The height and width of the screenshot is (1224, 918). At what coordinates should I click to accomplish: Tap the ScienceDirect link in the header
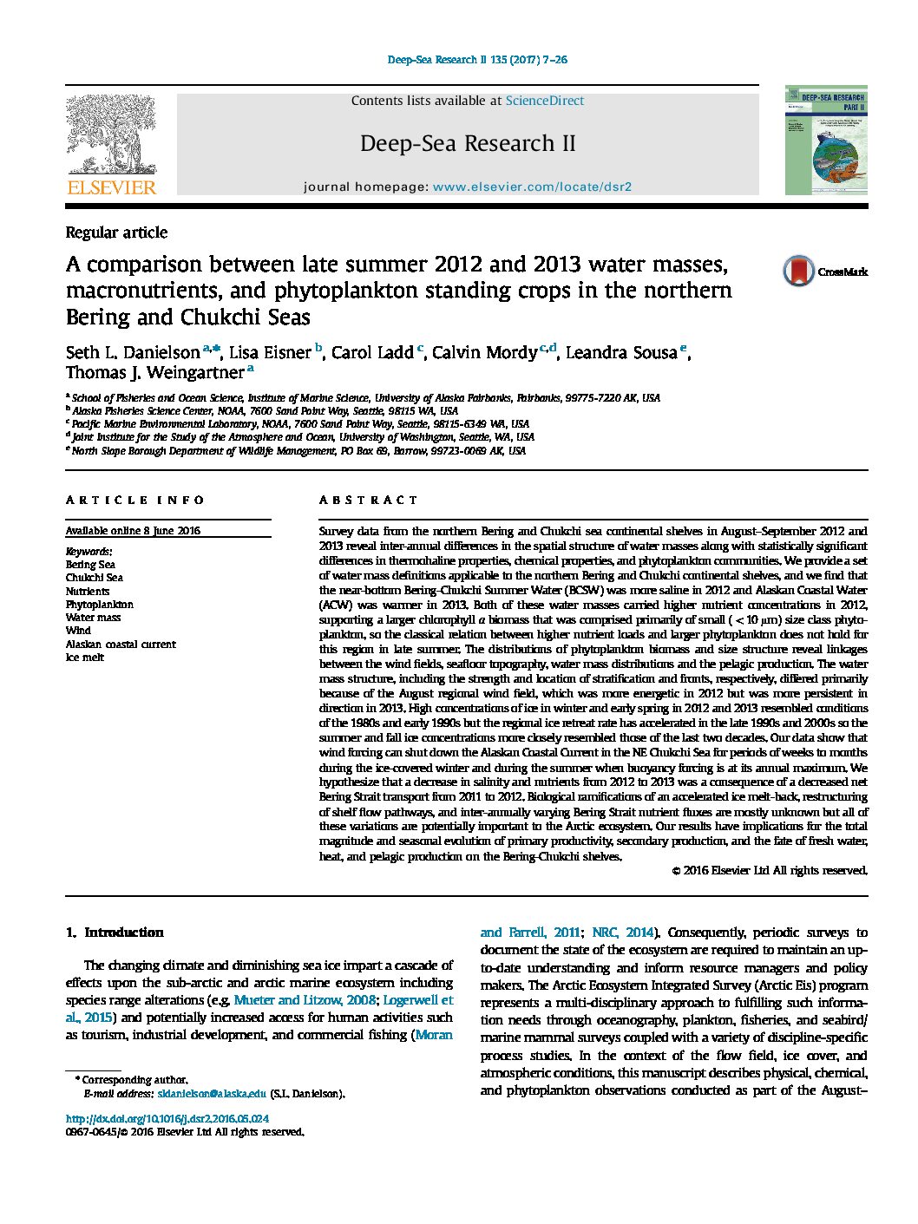(545, 101)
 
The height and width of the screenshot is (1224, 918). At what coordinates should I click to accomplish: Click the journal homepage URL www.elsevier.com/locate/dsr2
(532, 187)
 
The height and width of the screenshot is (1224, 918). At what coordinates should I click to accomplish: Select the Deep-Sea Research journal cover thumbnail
(826, 140)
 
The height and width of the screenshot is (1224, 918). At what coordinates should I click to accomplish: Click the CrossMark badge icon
(798, 272)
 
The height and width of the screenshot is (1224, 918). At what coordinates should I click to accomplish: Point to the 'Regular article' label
(116, 232)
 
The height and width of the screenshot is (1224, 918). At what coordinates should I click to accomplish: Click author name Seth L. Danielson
(133, 352)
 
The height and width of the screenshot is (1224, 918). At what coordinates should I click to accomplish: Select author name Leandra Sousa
(621, 352)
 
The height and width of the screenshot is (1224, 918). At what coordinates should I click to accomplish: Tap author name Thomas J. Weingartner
(154, 373)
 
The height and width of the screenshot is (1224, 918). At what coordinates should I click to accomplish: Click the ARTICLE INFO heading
(135, 500)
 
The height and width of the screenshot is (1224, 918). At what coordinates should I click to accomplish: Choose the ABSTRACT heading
(368, 500)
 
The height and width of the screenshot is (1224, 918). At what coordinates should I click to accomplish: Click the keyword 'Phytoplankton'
(100, 605)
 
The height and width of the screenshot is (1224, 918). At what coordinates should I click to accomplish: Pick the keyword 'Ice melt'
(85, 658)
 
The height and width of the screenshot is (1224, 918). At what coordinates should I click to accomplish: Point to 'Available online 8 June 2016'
(133, 531)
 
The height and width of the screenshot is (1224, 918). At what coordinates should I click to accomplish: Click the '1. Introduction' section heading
(115, 933)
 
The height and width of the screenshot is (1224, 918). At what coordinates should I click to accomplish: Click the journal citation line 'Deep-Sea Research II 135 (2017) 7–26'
(477, 60)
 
